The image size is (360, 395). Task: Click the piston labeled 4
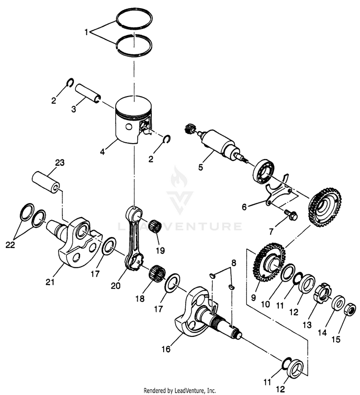pyautogui.click(x=132, y=120)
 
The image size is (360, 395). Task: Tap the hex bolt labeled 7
pyautogui.click(x=290, y=215)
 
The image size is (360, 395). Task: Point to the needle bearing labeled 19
pyautogui.click(x=154, y=224)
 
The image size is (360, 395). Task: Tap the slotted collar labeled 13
pyautogui.click(x=324, y=292)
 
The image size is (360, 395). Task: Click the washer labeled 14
pyautogui.click(x=337, y=302)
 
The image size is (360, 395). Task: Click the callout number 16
pyautogui.click(x=166, y=349)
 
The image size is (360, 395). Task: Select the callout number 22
pyautogui.click(x=11, y=245)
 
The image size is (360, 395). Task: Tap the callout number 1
pyautogui.click(x=86, y=33)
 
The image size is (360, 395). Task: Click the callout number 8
pyautogui.click(x=234, y=263)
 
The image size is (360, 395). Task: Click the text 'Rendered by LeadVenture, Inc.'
pyautogui.click(x=180, y=390)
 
